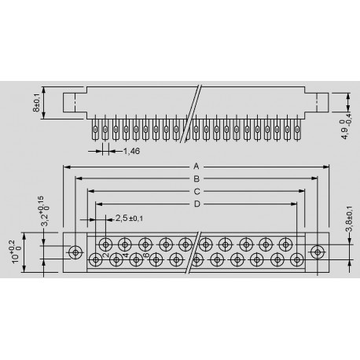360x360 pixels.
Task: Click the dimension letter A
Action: click(197, 167)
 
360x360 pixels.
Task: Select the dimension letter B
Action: click(197, 179)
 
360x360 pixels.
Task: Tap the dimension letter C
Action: click(197, 192)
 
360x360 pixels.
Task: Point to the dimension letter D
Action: click(197, 204)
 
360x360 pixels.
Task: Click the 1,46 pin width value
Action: click(131, 151)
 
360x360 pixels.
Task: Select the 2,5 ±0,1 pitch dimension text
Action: click(129, 218)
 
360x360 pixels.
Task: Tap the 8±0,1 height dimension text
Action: click(36, 102)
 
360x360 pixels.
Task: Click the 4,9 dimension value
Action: click(346, 133)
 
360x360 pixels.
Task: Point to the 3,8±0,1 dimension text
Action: click(349, 219)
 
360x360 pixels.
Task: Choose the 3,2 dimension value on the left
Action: click(46, 220)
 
